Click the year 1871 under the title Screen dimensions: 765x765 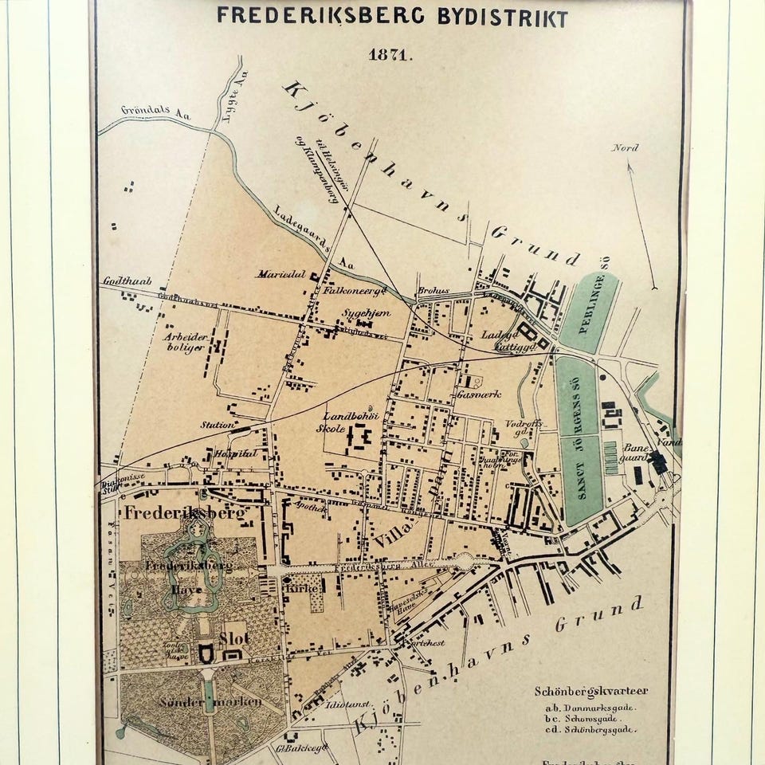coord(389,55)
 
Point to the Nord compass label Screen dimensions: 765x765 coord(626,148)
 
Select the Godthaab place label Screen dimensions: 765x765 coord(127,281)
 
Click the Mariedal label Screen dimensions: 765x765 coord(280,274)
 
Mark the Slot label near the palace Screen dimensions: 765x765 coord(234,638)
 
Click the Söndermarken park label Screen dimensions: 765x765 coord(200,704)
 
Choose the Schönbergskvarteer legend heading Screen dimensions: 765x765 coord(590,691)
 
